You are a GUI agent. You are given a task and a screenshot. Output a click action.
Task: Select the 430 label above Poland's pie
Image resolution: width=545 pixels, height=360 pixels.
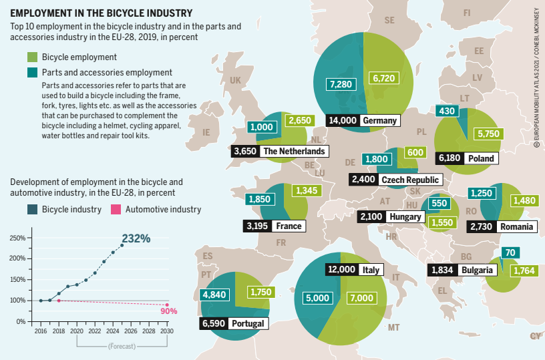coord(445,110)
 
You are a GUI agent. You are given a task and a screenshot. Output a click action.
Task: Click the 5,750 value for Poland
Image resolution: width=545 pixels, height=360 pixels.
coord(488,134)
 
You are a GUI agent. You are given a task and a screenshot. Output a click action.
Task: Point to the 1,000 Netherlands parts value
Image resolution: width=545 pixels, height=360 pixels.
coord(260,127)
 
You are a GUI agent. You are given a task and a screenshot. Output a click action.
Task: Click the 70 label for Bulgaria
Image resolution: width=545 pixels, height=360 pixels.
coord(510,252)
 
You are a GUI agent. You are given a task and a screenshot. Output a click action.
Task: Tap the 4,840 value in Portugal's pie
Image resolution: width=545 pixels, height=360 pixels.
coord(214,294)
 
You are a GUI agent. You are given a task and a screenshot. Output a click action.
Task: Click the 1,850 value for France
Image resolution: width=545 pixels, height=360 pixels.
coord(259,199)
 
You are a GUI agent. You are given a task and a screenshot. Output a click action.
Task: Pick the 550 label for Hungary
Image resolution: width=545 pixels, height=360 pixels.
coord(439,203)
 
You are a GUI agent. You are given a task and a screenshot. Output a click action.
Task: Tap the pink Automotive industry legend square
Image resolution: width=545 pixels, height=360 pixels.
coord(115,209)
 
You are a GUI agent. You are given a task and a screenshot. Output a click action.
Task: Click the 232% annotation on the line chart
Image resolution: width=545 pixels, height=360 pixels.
coord(136,238)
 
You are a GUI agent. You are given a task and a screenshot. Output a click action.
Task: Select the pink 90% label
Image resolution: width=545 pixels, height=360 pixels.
coord(169,311)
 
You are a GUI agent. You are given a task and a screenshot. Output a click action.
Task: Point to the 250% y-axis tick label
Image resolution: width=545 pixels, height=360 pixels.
coord(17,238)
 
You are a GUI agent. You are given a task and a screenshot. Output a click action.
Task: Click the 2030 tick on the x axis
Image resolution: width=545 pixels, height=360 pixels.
coord(167,331)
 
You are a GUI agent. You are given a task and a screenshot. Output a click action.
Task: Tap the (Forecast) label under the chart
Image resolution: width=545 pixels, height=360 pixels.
coord(122,347)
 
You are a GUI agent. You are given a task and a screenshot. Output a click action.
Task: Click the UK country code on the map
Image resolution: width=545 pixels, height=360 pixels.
coord(235,80)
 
